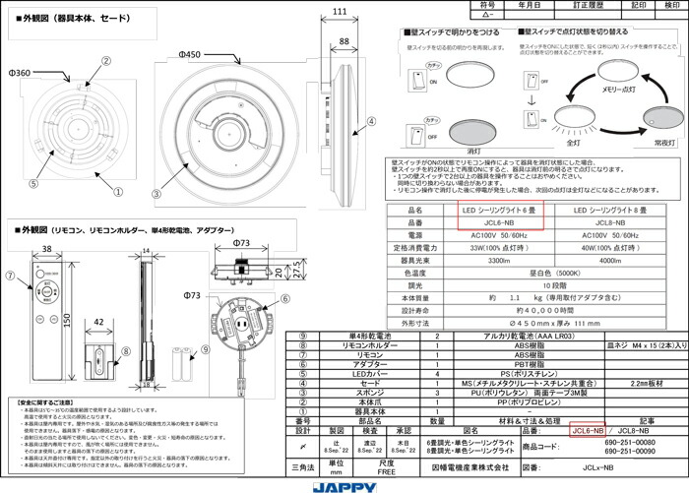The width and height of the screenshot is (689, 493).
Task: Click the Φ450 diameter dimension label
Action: [190, 53]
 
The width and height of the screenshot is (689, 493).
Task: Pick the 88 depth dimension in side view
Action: [344, 40]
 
